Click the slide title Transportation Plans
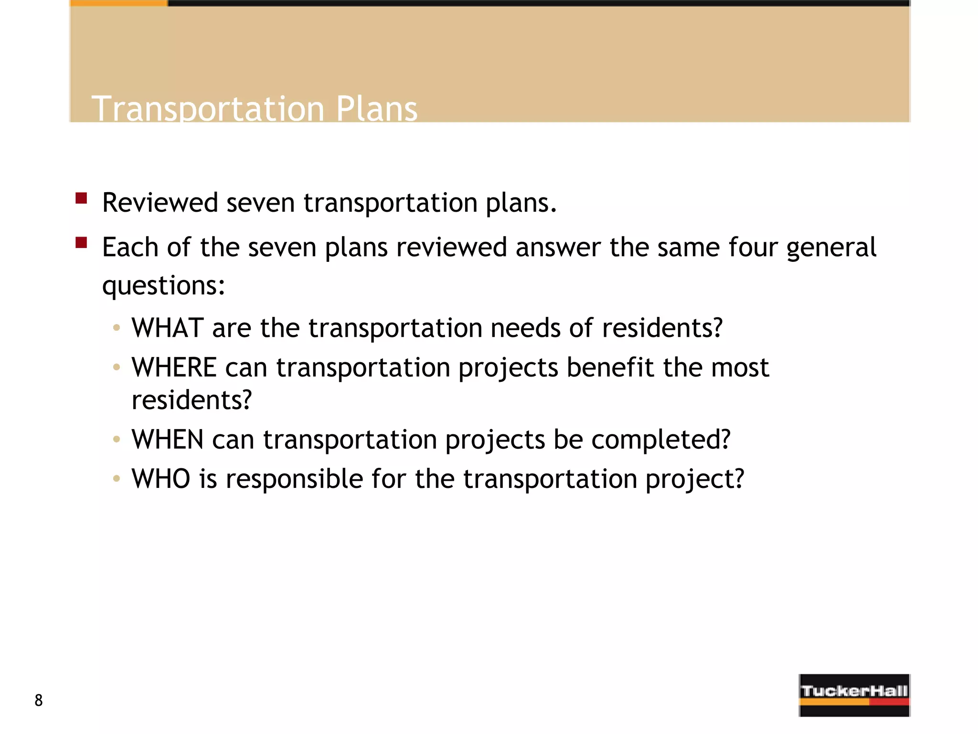(254, 108)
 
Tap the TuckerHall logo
(854, 695)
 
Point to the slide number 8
(39, 700)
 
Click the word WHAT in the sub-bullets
(168, 328)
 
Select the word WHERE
(174, 367)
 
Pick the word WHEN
(168, 440)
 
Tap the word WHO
(161, 479)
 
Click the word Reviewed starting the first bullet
(160, 203)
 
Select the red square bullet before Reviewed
(81, 198)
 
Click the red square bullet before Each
(81, 243)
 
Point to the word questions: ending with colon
(163, 286)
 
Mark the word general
(831, 248)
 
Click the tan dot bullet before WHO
(116, 479)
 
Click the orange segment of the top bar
(118, 3)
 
